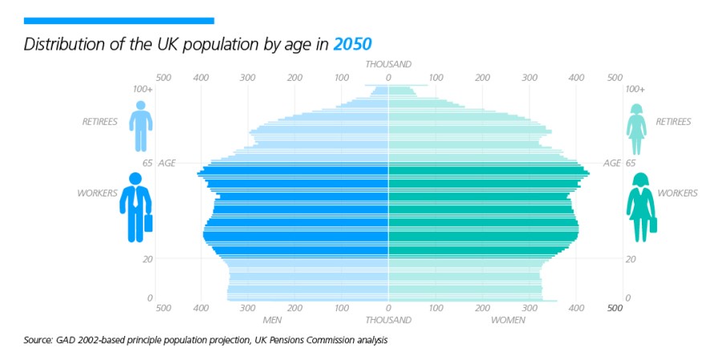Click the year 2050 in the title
tap(354, 43)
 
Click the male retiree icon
tap(141, 126)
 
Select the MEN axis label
tap(272, 320)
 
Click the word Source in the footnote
tap(39, 341)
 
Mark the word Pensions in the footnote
tap(303, 341)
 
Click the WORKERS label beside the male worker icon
tap(97, 193)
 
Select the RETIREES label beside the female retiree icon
tap(673, 122)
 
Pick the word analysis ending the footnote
tap(371, 341)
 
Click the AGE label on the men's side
tap(167, 163)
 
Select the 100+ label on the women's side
tap(635, 89)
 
